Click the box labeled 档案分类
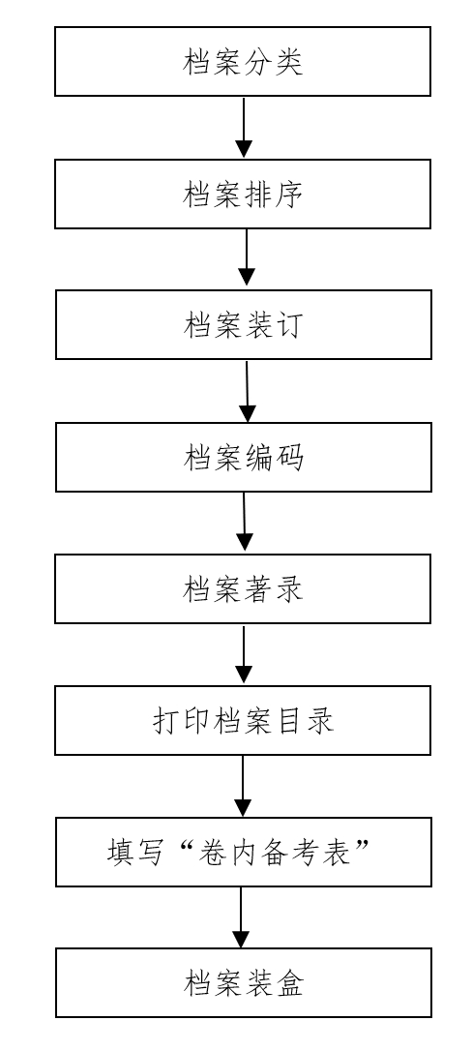pyautogui.click(x=243, y=62)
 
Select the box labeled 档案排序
pyautogui.click(x=243, y=195)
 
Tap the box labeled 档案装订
pyautogui.click(x=243, y=325)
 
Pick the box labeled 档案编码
pyautogui.click(x=243, y=457)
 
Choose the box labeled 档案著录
pyautogui.click(x=243, y=588)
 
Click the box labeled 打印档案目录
pyautogui.click(x=243, y=720)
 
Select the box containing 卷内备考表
pyautogui.click(x=243, y=852)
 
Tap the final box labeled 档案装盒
pyautogui.click(x=243, y=983)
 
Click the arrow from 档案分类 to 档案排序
pyautogui.click(x=244, y=128)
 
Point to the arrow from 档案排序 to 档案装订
pyautogui.click(x=247, y=259)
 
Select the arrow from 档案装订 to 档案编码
pyautogui.click(x=248, y=391)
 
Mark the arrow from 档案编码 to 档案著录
pyautogui.click(x=245, y=523)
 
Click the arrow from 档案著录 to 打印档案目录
pyautogui.click(x=244, y=654)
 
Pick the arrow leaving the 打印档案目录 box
pyautogui.click(x=243, y=786)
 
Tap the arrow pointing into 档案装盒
pyautogui.click(x=241, y=917)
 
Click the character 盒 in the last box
pyautogui.click(x=290, y=984)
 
